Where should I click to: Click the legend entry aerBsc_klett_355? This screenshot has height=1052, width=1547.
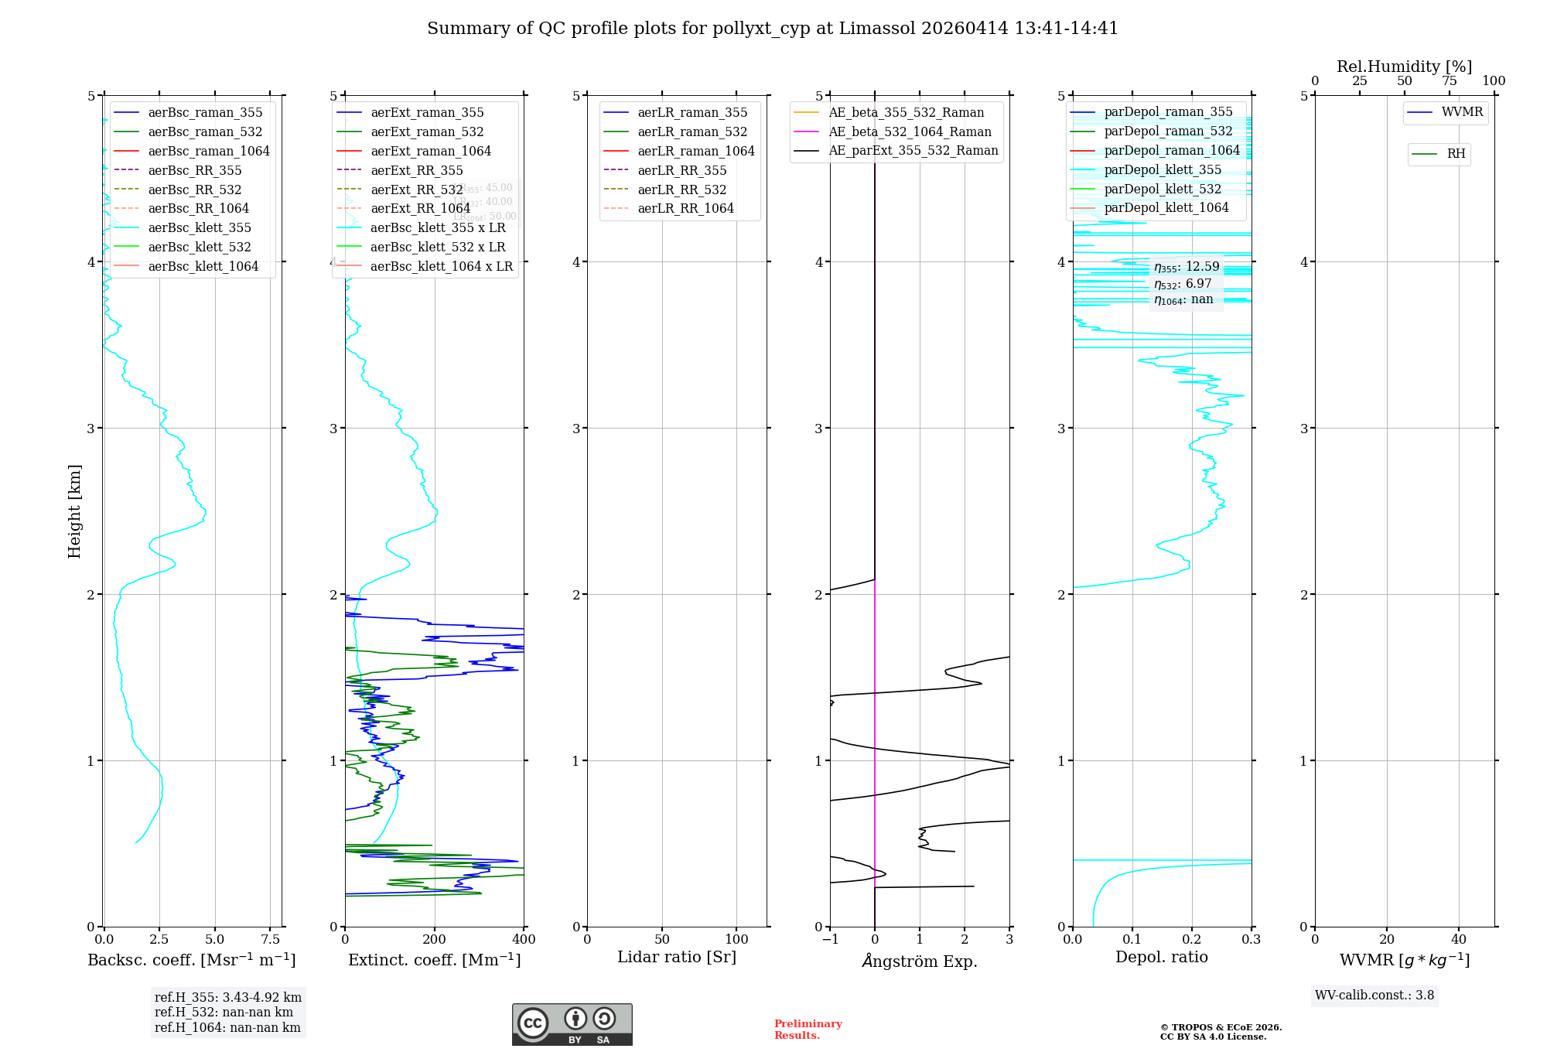[200, 227]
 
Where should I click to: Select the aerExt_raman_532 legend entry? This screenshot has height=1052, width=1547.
[427, 131]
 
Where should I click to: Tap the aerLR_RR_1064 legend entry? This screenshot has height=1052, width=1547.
[685, 208]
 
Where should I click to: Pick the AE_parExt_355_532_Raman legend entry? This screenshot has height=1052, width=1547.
[913, 150]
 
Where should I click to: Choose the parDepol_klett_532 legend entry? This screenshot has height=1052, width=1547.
[1163, 189]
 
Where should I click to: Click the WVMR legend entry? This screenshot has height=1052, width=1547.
[1462, 112]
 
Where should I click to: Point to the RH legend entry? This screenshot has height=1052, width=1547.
[1456, 154]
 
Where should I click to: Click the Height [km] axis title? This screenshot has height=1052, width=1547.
[74, 511]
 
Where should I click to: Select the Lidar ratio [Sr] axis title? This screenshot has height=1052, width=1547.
[677, 957]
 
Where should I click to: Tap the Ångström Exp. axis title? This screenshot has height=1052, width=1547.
[920, 961]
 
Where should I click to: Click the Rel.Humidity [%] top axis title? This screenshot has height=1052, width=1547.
[1404, 67]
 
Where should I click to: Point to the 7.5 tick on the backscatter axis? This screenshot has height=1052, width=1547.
[270, 939]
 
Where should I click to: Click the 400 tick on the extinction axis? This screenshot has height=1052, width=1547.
[524, 939]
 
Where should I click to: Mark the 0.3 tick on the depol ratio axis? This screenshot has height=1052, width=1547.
[1251, 939]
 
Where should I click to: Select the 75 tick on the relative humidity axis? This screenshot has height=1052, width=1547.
[1449, 81]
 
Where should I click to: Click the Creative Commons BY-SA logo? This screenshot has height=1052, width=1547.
[572, 1024]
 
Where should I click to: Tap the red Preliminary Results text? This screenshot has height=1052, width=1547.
[808, 1029]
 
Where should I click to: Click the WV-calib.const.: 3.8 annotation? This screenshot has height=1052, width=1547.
[1375, 996]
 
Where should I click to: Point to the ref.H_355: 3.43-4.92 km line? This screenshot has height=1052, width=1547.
[227, 997]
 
